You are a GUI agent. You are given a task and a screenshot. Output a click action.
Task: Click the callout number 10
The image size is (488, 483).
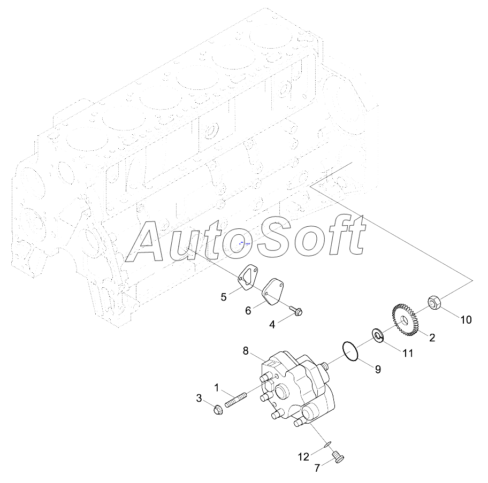tap(466, 320)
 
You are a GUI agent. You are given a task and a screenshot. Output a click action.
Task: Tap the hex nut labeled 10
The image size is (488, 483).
tap(434, 303)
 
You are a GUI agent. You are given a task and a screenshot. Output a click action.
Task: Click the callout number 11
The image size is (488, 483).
tap(408, 353)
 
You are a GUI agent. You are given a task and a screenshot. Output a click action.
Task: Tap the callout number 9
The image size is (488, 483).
tap(378, 369)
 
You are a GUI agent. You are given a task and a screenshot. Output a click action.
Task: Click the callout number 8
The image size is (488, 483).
tap(246, 351)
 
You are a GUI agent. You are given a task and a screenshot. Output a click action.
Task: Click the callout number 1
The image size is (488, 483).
tap(217, 386)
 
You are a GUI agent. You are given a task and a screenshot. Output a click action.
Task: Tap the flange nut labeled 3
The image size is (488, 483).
tap(217, 411)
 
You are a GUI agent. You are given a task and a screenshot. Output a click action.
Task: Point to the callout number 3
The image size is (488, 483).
tap(199, 398)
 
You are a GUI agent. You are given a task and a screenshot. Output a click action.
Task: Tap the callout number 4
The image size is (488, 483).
tap(272, 324)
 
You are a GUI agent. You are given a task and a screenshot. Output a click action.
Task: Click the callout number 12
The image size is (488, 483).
tap(303, 457)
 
